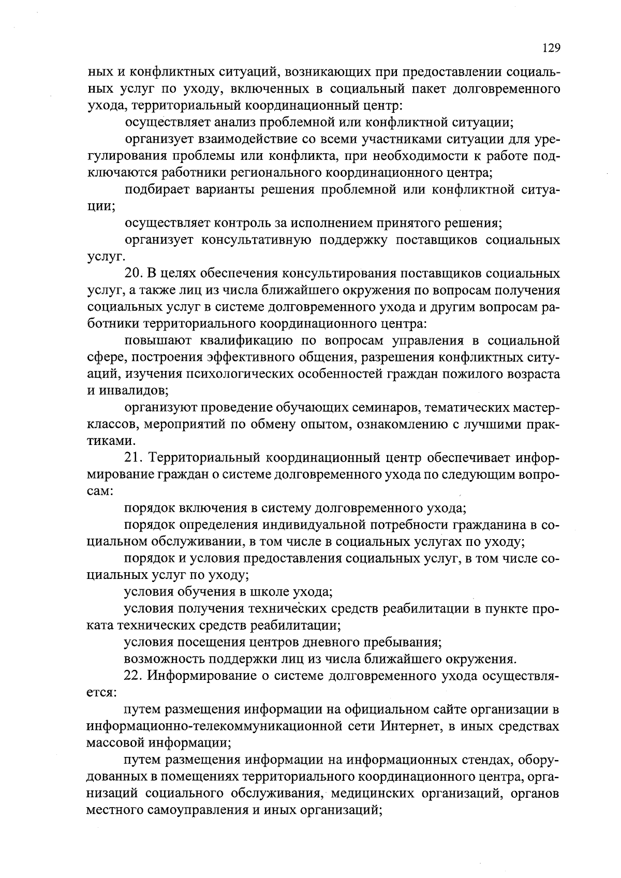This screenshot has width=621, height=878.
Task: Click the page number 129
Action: [551, 48]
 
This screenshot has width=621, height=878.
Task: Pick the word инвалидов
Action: [131, 391]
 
